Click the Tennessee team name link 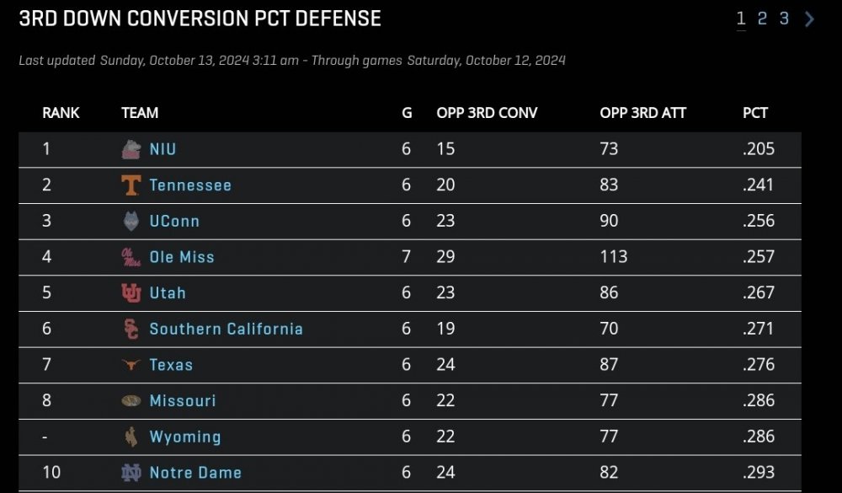click(x=190, y=185)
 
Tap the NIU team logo click(x=131, y=149)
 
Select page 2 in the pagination click(x=762, y=19)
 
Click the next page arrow click(x=809, y=19)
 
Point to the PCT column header click(x=755, y=113)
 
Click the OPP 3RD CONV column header click(x=487, y=113)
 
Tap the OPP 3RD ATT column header click(x=642, y=113)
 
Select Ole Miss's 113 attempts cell click(x=613, y=257)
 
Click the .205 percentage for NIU click(x=758, y=149)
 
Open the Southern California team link click(x=226, y=329)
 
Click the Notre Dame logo click(x=131, y=473)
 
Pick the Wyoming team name click(x=185, y=437)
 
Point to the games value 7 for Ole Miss click(x=407, y=257)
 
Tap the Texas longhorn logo click(x=131, y=365)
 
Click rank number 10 click(x=51, y=473)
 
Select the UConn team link click(x=174, y=222)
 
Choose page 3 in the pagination click(x=784, y=19)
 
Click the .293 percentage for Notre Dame click(x=758, y=473)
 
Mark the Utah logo click(x=131, y=293)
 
